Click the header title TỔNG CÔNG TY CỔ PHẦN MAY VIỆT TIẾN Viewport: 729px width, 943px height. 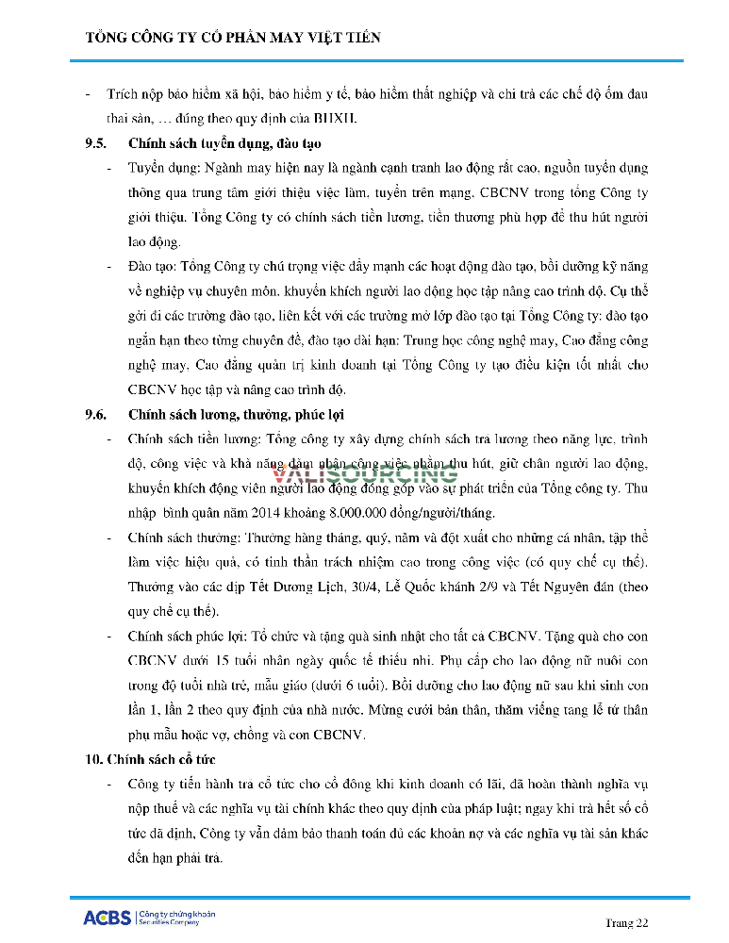coord(233,38)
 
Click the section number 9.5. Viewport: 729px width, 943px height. coord(97,143)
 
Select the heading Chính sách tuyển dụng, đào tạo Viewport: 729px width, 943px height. coord(224,143)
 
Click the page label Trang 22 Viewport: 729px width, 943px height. coord(626,922)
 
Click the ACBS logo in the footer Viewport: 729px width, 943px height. coord(107,917)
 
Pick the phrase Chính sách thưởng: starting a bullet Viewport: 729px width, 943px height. coord(181,538)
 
